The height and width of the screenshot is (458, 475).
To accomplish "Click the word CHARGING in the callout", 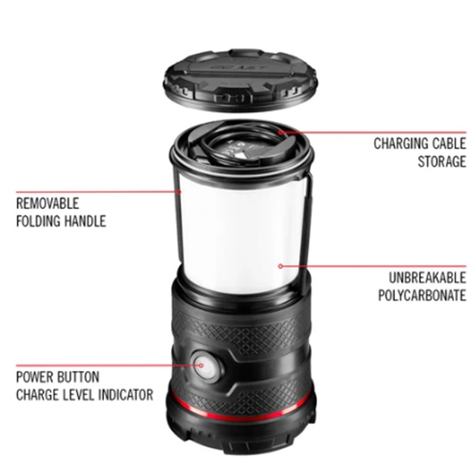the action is coord(400,143).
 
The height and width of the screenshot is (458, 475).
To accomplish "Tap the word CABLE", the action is coord(449,143).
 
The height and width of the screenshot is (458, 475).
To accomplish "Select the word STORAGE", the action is coord(442,161).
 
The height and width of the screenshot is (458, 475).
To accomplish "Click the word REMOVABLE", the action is coord(48,204).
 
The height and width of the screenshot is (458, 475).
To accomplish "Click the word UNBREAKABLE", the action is coord(427,278).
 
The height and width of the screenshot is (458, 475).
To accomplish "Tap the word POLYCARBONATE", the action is coord(423,295).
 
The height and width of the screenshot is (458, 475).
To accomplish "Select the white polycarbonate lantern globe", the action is coord(241,237).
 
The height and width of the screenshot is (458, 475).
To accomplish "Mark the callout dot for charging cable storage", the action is coord(281,133).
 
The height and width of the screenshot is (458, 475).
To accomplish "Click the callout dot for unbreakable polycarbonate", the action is coord(280,266).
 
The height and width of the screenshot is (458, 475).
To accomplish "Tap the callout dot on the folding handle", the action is coord(179,192).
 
